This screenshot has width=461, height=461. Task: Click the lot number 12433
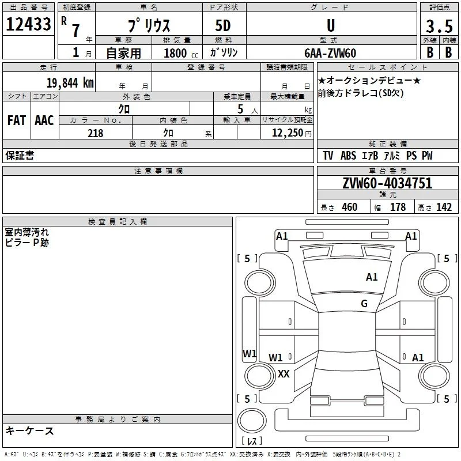point(28,24)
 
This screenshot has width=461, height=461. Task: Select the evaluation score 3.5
point(439,26)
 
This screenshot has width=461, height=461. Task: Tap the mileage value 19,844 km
point(70,83)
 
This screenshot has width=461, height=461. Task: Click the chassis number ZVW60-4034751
point(387,183)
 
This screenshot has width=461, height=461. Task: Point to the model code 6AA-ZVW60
point(330,53)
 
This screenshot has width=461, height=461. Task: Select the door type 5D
point(223,26)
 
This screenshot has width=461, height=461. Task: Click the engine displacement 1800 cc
point(181,53)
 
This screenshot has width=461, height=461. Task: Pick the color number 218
point(96,133)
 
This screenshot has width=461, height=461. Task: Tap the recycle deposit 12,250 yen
point(292,133)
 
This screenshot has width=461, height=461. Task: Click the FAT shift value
point(17,120)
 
